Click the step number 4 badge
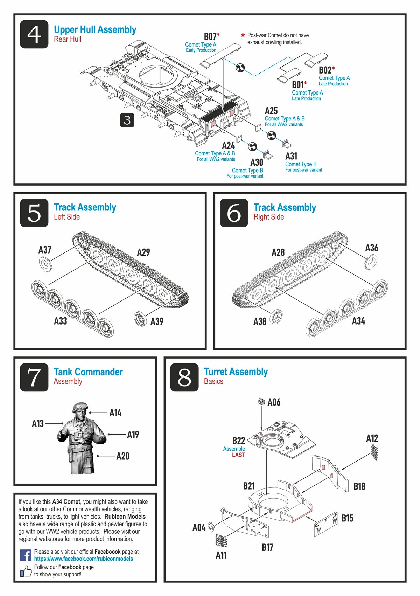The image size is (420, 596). coord(34,34)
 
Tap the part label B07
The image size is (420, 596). coord(210,36)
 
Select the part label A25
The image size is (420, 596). coord(271,111)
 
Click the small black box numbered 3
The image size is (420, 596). coord(127,120)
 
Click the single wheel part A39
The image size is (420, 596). coord(140,318)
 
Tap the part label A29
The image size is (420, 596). coord(143,252)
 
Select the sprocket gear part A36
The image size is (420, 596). coord(371,262)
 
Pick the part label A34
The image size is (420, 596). coord(358,321)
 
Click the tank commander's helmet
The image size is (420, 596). coord(80,407)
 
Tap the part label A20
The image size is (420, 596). coord(123,456)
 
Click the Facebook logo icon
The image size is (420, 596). coord(26,555)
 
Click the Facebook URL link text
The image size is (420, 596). coord(83,559)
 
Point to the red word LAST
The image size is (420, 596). coord(238,455)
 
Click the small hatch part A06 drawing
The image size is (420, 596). coord(261,401)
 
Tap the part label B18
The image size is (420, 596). coord(359,486)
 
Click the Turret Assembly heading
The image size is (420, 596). coord(236,372)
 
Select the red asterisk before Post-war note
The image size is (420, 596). coord(243,35)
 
